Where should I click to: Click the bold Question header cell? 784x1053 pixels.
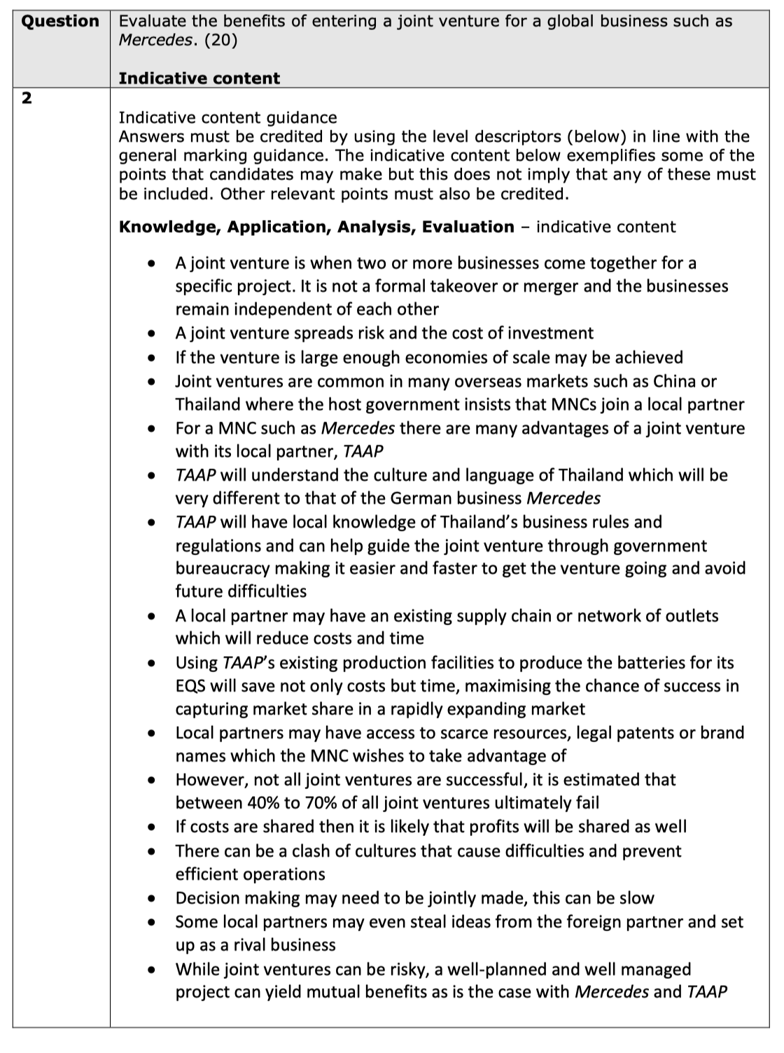60,21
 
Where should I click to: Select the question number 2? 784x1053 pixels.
26,99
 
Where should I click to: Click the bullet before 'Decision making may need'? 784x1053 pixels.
151,898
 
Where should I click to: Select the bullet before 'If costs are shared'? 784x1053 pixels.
151,827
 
